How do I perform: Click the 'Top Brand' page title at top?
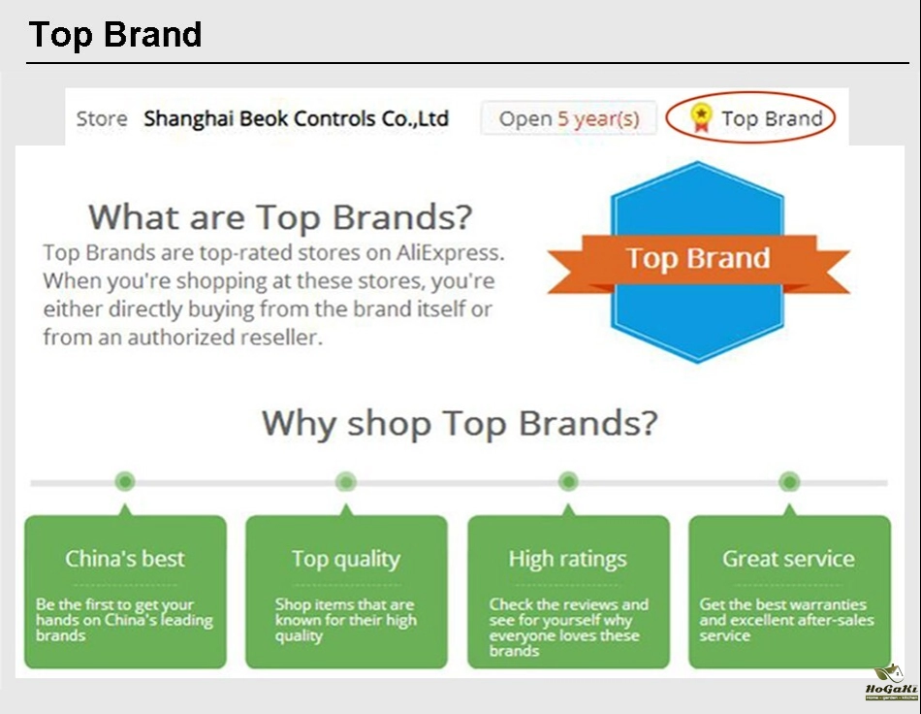(115, 35)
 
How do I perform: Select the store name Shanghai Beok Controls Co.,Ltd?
(296, 118)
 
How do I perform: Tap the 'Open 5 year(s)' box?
(568, 118)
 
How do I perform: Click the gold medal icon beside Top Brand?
(701, 117)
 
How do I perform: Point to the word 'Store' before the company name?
(102, 118)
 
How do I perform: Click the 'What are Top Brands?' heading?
(280, 217)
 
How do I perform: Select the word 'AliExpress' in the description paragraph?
(448, 252)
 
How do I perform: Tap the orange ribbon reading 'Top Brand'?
(698, 263)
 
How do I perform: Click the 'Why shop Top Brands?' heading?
(460, 423)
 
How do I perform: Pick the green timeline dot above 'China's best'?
(124, 482)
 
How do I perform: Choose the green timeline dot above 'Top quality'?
(346, 482)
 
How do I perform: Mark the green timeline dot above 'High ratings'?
(568, 482)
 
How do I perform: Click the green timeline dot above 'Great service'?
(789, 482)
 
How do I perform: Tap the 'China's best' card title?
(124, 558)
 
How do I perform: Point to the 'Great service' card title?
(789, 558)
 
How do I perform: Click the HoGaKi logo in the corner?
(891, 683)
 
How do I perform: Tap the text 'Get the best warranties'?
(782, 604)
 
